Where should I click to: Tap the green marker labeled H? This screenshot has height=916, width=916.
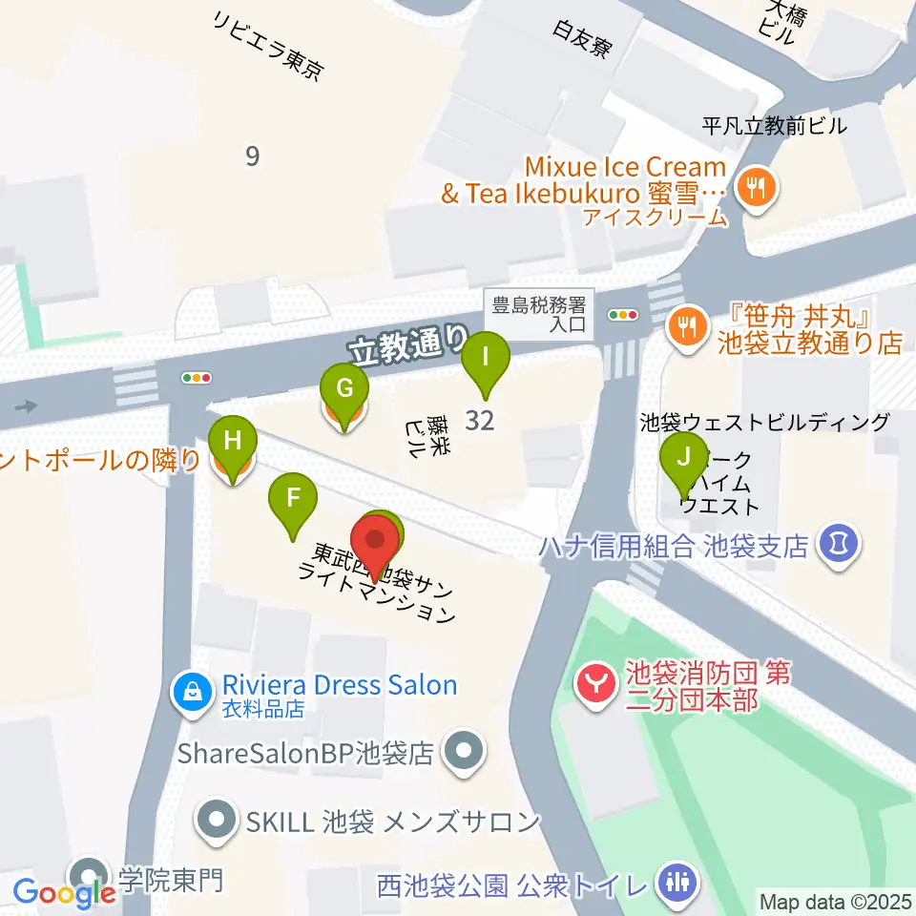[x=232, y=440]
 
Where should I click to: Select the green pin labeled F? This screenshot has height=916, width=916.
[x=293, y=498]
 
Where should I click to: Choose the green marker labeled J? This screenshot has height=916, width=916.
[x=684, y=456]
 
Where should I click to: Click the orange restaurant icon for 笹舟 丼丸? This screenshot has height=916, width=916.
[x=686, y=325]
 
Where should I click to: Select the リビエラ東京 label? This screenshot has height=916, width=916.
[x=270, y=44]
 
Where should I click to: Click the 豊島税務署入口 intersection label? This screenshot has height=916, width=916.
[x=542, y=316]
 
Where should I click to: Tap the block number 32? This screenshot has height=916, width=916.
[x=479, y=420]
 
